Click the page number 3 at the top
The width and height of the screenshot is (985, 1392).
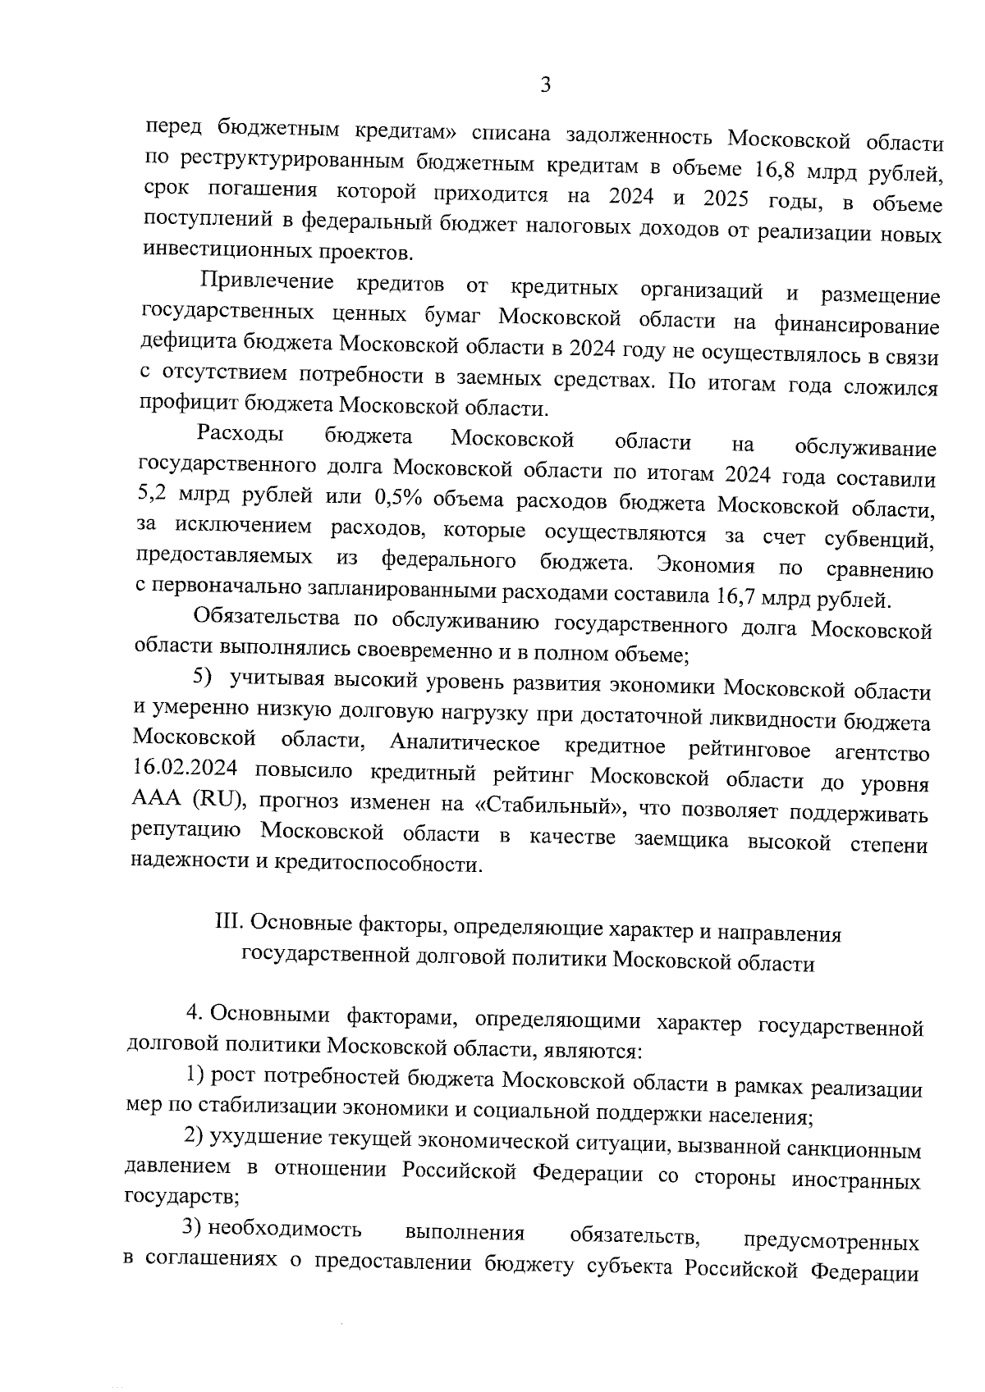(545, 84)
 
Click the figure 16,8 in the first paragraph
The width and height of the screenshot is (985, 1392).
(777, 171)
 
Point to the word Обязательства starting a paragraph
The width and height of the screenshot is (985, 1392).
(265, 618)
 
